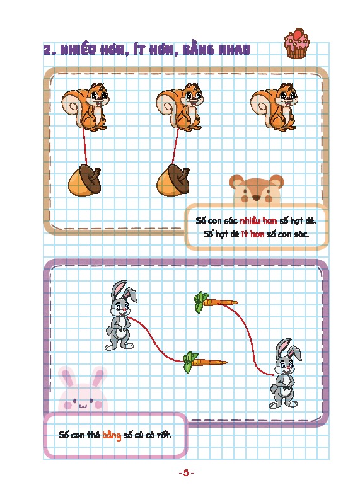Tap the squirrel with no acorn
click(x=274, y=106)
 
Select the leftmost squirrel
click(x=85, y=106)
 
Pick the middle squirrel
click(x=180, y=106)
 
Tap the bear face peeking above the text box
click(x=256, y=190)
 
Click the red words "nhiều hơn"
click(x=258, y=221)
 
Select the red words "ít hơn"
click(x=253, y=234)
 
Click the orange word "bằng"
click(x=112, y=435)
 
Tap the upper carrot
click(x=216, y=302)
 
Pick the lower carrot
click(x=205, y=362)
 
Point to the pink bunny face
click(x=83, y=391)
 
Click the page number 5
click(x=186, y=473)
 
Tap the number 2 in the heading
click(x=47, y=50)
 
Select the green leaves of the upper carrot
click(x=200, y=302)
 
